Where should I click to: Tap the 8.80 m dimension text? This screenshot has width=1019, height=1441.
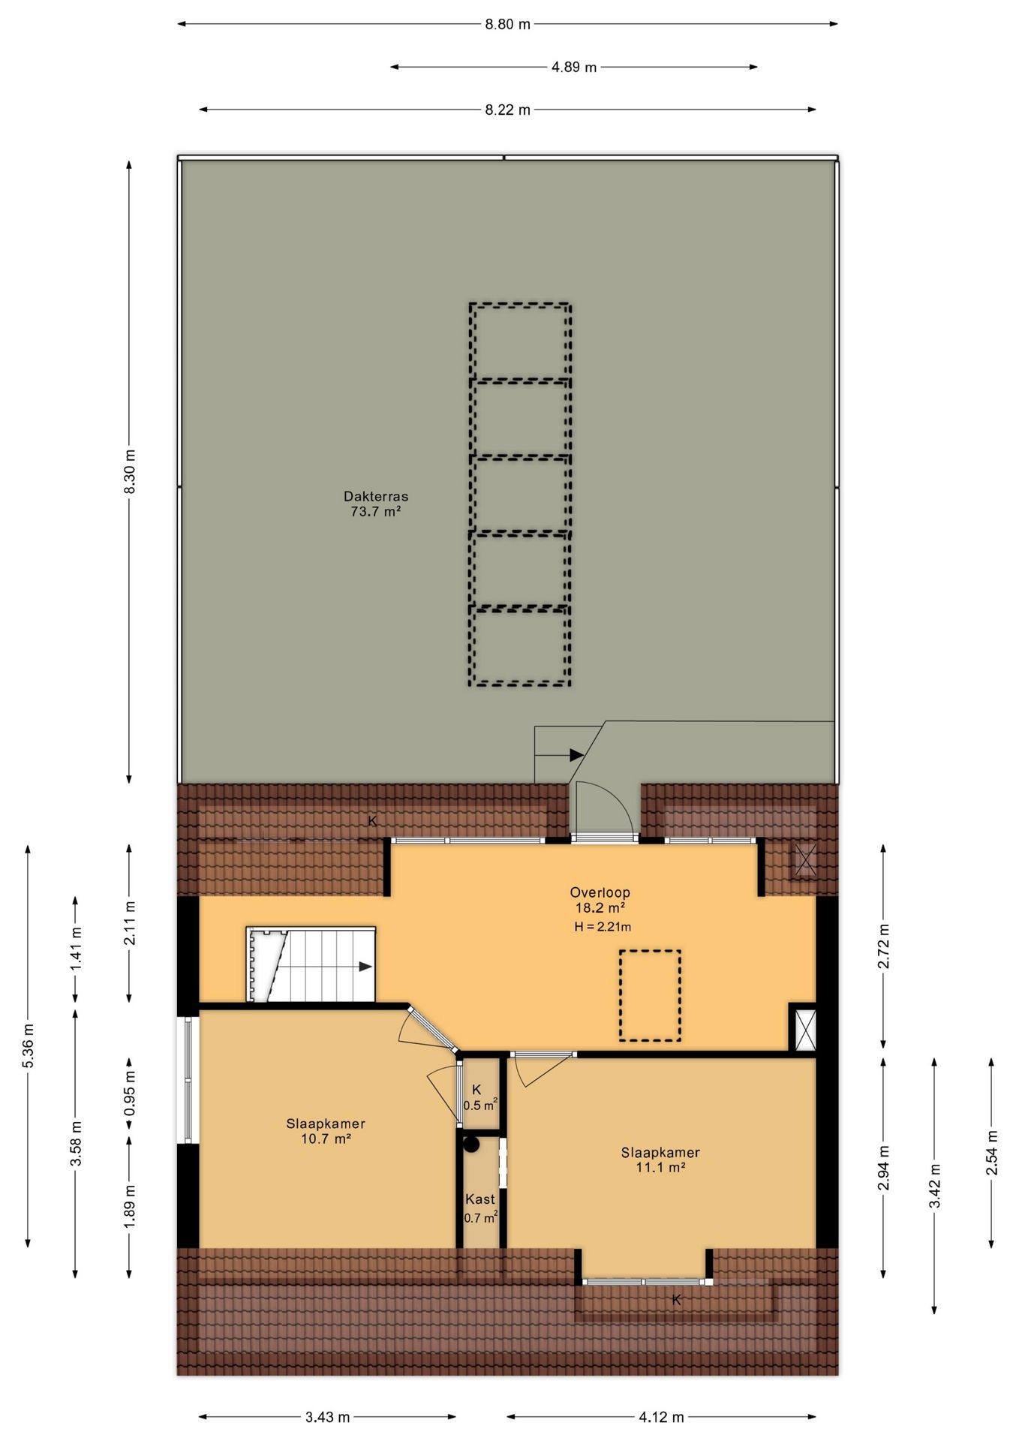pos(507,24)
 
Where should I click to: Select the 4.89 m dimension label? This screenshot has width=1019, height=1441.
pos(574,67)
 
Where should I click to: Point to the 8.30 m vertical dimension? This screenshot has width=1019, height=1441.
pos(130,471)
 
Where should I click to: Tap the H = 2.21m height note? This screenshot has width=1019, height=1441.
pos(603,927)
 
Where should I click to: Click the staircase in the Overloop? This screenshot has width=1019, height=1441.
pos(311,964)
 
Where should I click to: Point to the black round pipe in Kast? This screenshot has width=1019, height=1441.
pos(471,1145)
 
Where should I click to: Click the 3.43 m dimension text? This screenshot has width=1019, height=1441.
pos(327,1417)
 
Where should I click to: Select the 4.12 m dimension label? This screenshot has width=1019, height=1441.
pos(661,1417)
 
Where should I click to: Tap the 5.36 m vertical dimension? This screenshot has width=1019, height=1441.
pos(28,1045)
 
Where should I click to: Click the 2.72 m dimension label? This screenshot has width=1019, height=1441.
pos(883,946)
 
